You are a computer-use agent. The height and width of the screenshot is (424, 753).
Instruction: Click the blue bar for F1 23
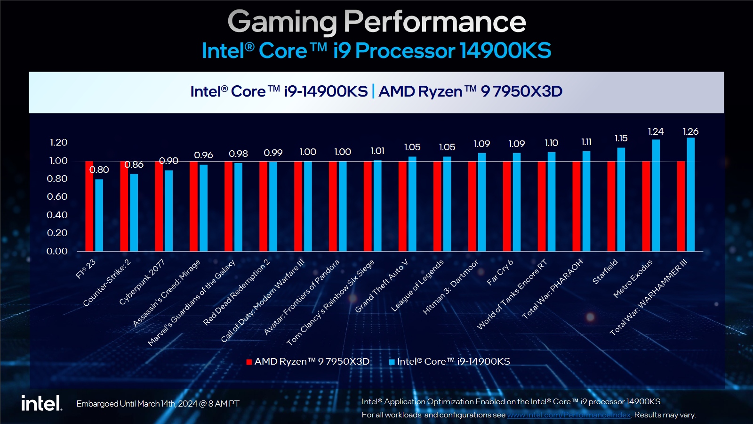(99, 215)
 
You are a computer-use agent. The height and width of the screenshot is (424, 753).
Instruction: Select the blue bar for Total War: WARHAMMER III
(691, 194)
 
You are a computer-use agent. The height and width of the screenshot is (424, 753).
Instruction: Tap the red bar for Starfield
(611, 206)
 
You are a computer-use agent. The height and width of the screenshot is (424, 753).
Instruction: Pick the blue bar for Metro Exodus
(656, 195)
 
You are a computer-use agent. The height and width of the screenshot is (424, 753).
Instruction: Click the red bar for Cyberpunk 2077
(159, 206)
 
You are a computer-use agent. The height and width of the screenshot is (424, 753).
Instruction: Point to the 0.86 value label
(134, 165)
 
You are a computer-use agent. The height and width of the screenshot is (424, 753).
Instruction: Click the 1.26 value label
(691, 131)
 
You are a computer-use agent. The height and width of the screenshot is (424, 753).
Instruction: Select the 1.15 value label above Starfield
(621, 138)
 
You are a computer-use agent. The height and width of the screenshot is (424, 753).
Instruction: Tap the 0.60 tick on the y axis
(57, 196)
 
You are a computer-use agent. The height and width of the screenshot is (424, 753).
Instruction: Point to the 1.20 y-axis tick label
(58, 142)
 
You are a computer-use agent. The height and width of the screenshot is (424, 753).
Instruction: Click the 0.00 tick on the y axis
(57, 251)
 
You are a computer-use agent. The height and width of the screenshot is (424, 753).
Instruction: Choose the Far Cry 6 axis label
(500, 272)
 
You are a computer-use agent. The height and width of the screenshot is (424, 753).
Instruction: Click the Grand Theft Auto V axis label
(381, 286)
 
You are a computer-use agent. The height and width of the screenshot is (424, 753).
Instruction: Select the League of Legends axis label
(417, 285)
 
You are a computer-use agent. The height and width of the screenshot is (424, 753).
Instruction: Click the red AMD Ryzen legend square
(249, 362)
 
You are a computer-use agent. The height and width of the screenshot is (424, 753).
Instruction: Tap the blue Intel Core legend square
(392, 362)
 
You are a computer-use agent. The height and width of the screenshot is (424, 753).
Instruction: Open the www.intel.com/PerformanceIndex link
(569, 415)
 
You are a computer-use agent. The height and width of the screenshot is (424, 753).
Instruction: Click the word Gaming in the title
(282, 22)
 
